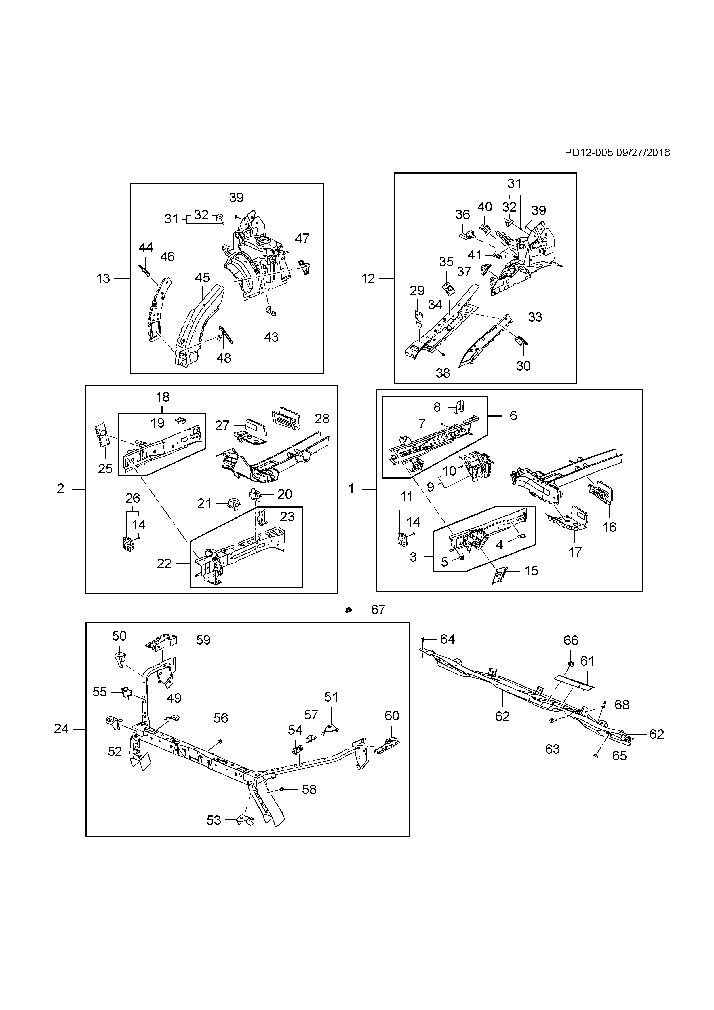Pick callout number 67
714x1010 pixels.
[378, 610]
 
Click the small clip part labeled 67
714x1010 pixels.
[348, 610]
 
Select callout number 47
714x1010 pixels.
[302, 238]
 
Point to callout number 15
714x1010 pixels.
[531, 571]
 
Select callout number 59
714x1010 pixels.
[203, 640]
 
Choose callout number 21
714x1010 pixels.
[204, 503]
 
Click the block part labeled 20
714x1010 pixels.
[255, 494]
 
